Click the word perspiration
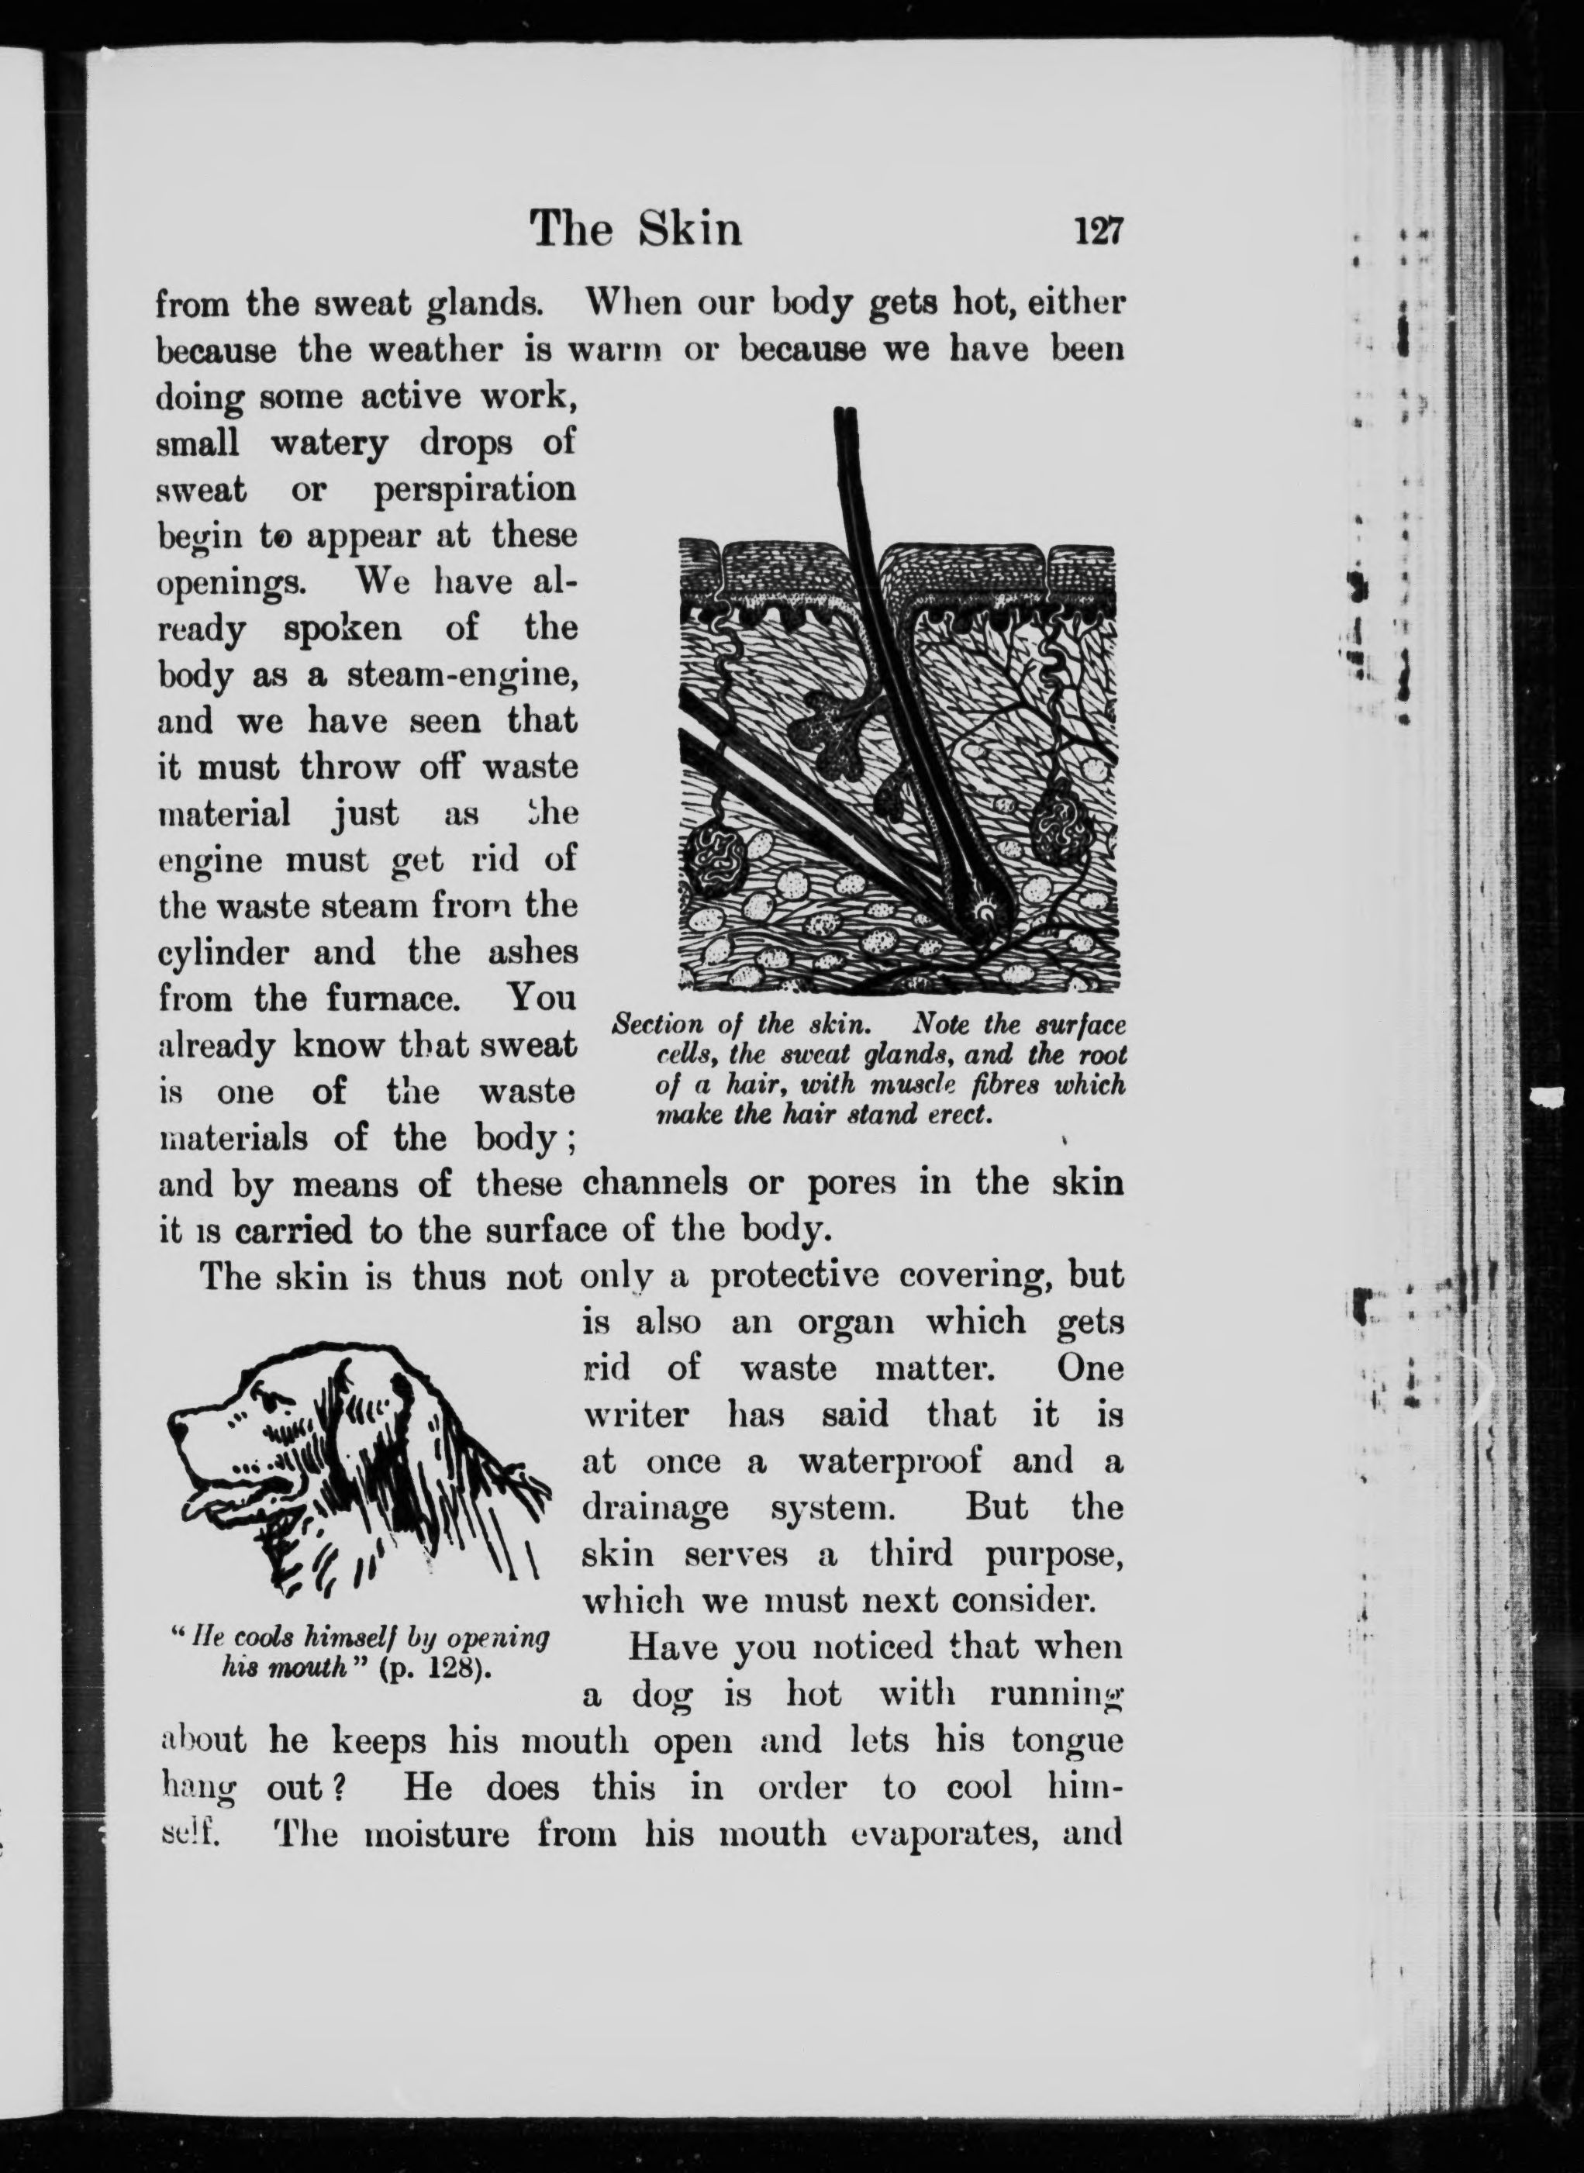click(475, 490)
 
